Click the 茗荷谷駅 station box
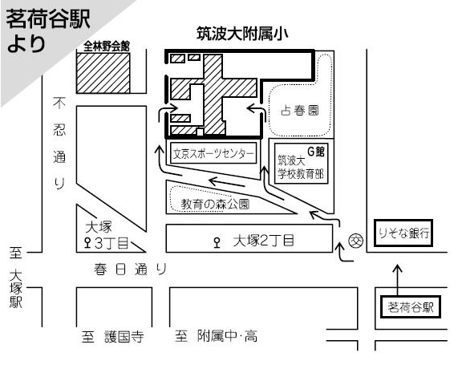(411, 307)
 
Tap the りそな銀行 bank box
(403, 233)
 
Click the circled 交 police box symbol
(356, 241)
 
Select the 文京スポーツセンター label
(213, 153)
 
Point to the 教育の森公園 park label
(215, 204)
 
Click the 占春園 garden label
(300, 111)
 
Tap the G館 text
(316, 152)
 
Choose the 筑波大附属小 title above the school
(242, 34)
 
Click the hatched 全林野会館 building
(103, 73)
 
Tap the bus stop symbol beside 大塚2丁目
(217, 243)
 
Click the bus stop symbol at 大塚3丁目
(87, 243)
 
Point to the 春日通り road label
(130, 269)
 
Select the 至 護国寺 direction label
(113, 336)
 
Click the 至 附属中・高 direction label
(216, 336)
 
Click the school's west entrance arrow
(167, 112)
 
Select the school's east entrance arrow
(257, 112)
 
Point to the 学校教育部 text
(301, 174)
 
